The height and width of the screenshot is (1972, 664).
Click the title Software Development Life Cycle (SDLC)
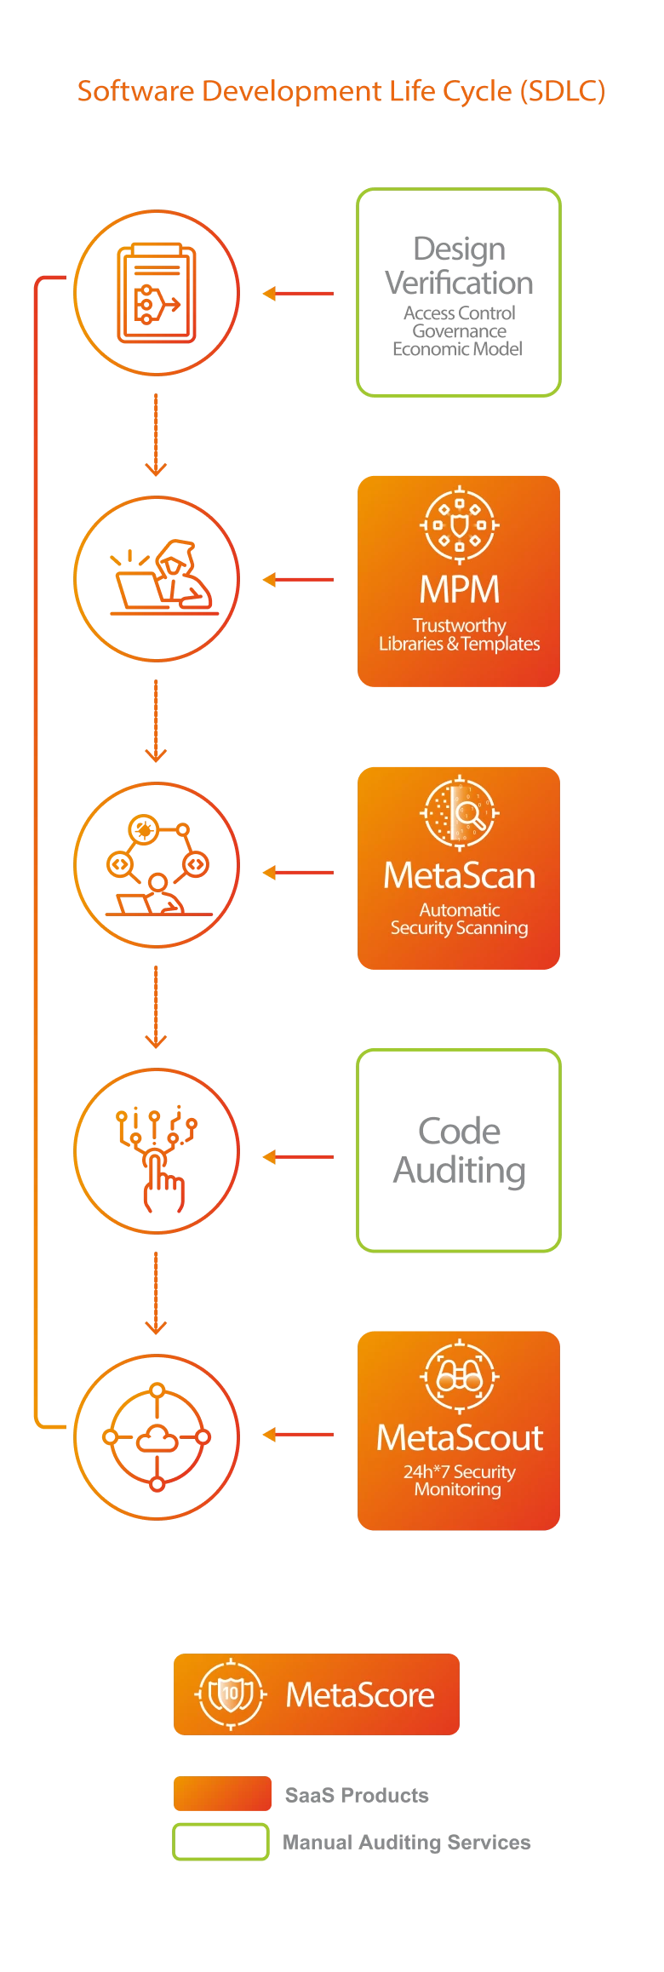coord(341,90)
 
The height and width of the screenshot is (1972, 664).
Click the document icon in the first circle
coord(157,293)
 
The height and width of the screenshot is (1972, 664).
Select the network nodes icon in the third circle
coord(157,864)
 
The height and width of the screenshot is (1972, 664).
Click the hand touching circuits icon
coord(157,1154)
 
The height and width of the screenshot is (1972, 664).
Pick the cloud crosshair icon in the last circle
coord(157,1437)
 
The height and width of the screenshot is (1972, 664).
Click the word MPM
coord(460,589)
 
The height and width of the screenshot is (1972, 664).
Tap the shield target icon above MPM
coord(460,525)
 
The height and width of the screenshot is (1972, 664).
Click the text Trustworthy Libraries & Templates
coord(460,635)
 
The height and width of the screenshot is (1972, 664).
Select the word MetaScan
coord(460,876)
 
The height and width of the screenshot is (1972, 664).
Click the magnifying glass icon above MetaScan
coord(460,812)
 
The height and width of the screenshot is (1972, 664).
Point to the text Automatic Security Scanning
coord(460,920)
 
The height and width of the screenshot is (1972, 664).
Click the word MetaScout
coord(460,1438)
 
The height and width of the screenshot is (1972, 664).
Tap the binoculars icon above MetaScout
coord(460,1376)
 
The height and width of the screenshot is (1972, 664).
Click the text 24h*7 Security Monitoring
coord(460,1481)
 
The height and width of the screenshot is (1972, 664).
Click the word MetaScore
coord(360,1695)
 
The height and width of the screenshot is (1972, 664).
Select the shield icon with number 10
coord(231,1694)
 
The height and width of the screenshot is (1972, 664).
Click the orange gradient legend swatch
coord(221,1792)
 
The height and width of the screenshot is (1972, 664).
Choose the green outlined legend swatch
coord(221,1843)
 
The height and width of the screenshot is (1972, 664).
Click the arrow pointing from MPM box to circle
coord(297,580)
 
